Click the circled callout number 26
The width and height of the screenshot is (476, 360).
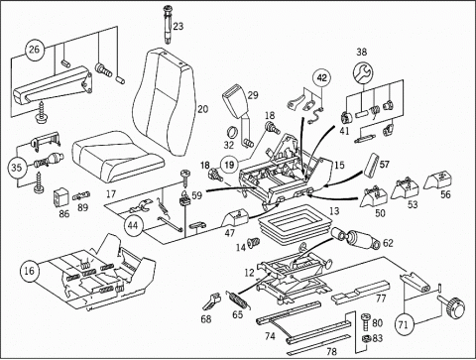coord(35,50)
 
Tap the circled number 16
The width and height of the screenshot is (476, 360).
coord(29,271)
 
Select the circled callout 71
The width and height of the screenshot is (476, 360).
coord(404,324)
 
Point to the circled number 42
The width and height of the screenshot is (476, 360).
coord(321,78)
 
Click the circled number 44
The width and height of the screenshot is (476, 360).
coord(133,226)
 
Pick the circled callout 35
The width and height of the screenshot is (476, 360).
coord(17,168)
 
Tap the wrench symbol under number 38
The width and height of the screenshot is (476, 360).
coord(363,71)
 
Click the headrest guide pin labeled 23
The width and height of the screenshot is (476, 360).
coord(169,25)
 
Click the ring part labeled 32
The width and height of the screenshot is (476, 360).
coord(233,132)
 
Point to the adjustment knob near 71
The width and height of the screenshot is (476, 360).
coord(452,305)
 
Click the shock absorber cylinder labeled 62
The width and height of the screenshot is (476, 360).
coord(357,239)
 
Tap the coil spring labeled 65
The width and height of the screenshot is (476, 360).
coord(239,300)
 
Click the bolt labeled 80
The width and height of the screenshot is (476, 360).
coord(367,322)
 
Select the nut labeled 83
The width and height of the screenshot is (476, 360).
coord(367,338)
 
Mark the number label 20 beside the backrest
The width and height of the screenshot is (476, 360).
coord(203,109)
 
